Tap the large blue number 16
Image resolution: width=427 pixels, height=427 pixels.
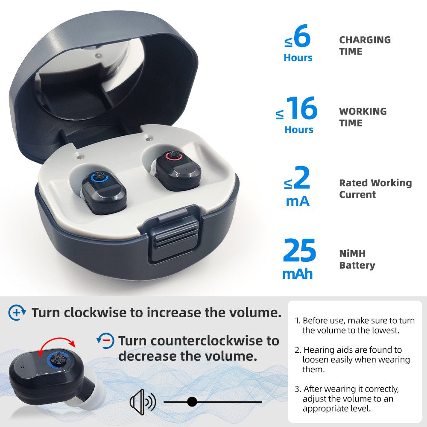(301, 109)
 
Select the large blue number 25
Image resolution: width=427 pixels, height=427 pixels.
(299, 252)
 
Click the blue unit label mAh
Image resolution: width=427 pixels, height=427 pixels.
(298, 274)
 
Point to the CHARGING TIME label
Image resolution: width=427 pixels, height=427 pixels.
(365, 46)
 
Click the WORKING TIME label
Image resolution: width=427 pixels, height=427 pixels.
(363, 117)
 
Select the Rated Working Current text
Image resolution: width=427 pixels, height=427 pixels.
(375, 189)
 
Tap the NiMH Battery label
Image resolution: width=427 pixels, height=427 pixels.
(357, 260)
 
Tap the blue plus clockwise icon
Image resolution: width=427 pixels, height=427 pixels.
(17, 313)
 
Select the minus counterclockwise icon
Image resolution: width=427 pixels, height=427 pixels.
(105, 340)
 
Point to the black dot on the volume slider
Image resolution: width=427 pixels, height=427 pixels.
(192, 402)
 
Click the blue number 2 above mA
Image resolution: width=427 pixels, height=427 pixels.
(301, 180)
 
